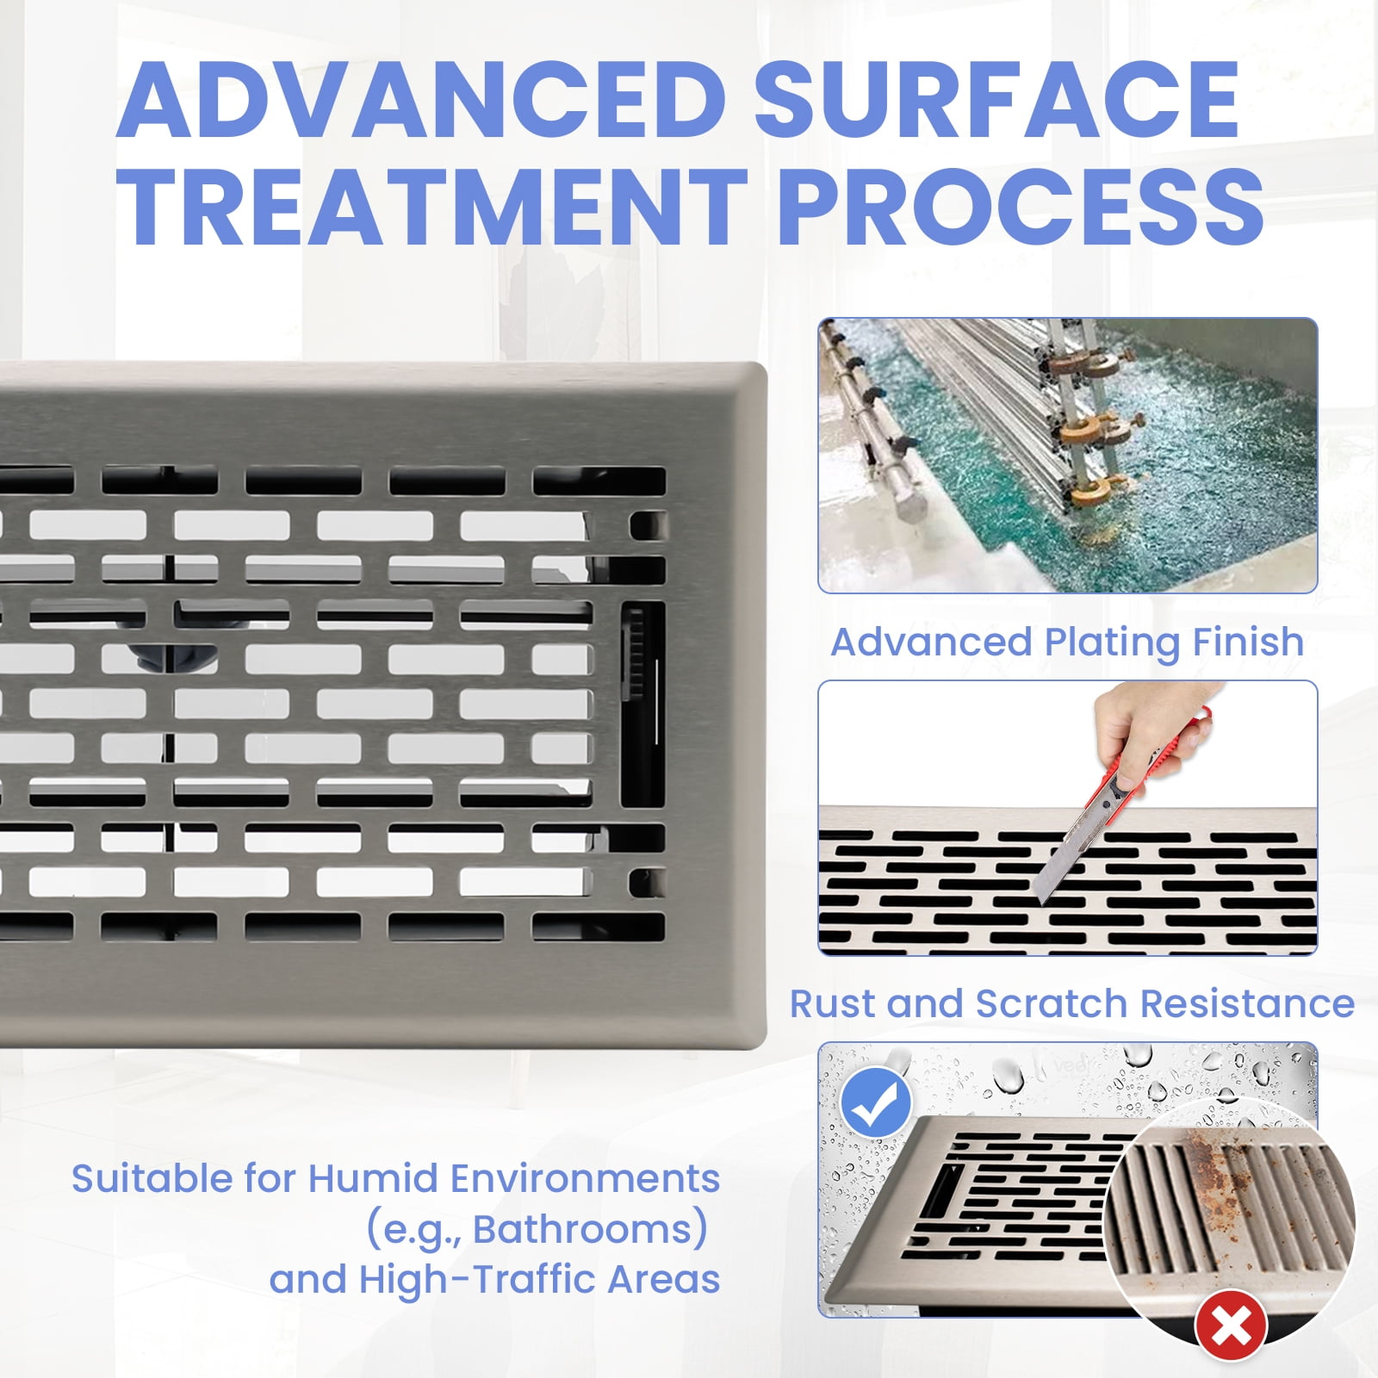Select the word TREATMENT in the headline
(x=431, y=207)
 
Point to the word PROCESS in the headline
(x=1021, y=207)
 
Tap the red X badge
(x=1231, y=1325)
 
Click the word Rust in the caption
(x=831, y=1003)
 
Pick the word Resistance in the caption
(x=1247, y=1003)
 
